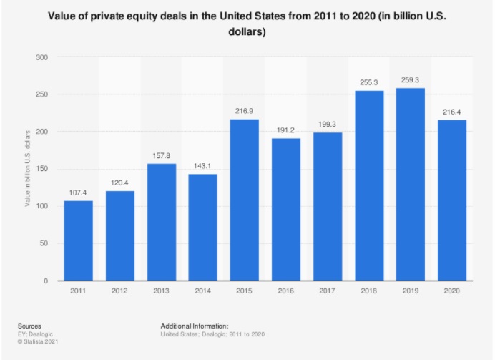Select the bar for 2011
pos(78,240)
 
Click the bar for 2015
pos(245,200)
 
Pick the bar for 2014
pos(202,227)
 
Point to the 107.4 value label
pos(78,194)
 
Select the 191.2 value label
pos(286,131)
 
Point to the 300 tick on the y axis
pos(44,57)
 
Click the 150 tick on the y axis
pos(44,169)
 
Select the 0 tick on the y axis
pos(48,281)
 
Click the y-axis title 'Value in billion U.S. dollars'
pos(26,169)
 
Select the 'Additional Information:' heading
pos(195,326)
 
